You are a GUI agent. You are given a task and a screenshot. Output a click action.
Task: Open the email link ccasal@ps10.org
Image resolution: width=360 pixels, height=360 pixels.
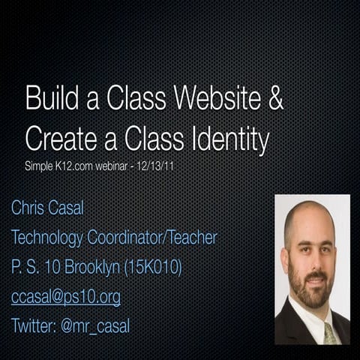(x=65, y=297)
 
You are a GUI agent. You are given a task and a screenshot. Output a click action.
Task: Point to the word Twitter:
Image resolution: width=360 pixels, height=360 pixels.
(x=34, y=325)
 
